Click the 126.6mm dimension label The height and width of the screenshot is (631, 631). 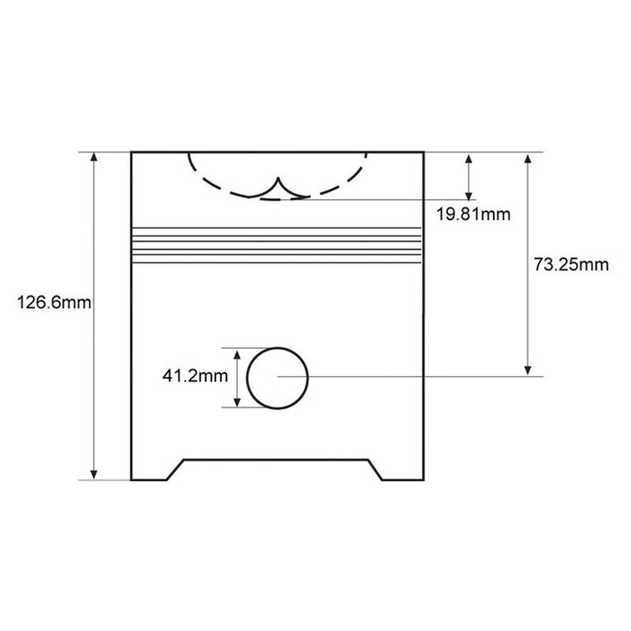(x=54, y=302)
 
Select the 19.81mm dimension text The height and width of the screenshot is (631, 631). (x=473, y=214)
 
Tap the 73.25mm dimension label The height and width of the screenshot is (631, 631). (x=571, y=264)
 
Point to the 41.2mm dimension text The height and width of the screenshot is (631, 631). (x=196, y=376)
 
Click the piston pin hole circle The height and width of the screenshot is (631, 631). (x=247, y=379)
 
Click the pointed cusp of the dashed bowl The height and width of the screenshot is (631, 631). (x=278, y=178)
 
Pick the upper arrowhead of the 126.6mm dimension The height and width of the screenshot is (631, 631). (x=94, y=157)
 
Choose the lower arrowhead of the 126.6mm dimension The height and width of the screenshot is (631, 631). (x=94, y=475)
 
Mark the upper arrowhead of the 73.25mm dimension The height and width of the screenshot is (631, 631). (x=528, y=158)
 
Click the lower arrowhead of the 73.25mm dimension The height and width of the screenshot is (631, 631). (x=528, y=371)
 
